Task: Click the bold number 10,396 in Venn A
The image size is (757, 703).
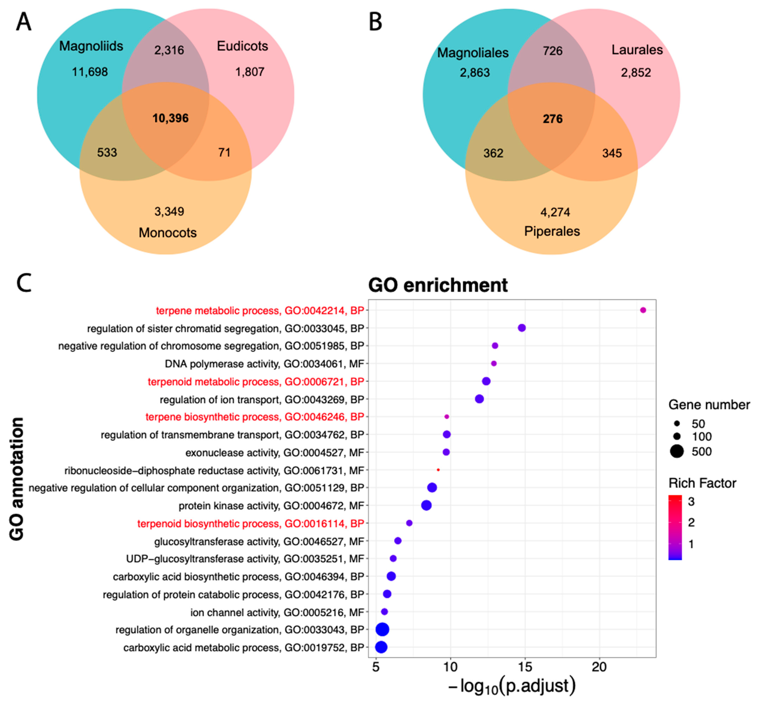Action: click(x=170, y=118)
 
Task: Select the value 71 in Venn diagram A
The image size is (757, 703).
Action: click(x=224, y=152)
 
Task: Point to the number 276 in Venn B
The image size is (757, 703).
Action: click(x=552, y=119)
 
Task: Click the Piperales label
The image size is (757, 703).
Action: click(x=552, y=231)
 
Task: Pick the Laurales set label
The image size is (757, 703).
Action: click(x=637, y=50)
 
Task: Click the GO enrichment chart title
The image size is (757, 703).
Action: click(x=438, y=285)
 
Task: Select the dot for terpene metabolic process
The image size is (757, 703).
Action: click(x=643, y=310)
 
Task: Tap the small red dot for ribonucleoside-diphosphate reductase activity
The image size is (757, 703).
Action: click(x=438, y=470)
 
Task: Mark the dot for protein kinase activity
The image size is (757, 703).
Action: click(x=426, y=506)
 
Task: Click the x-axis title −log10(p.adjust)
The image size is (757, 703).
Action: click(x=512, y=686)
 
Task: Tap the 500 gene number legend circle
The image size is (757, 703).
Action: click(x=677, y=452)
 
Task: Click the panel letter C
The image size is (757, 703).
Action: click(x=24, y=283)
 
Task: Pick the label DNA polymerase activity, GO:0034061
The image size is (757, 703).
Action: click(x=264, y=364)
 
